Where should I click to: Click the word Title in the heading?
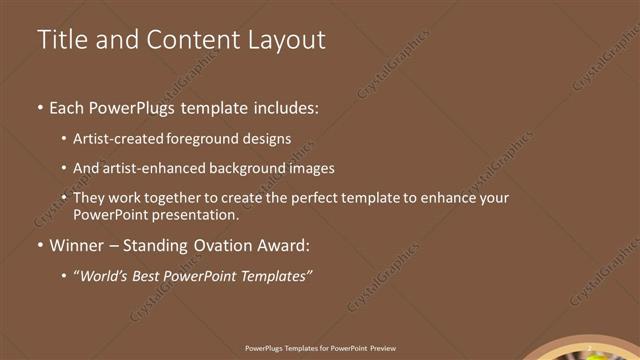(x=61, y=39)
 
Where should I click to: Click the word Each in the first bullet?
(x=67, y=107)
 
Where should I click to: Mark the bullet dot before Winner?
(x=39, y=245)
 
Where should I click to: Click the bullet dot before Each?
(x=39, y=107)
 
